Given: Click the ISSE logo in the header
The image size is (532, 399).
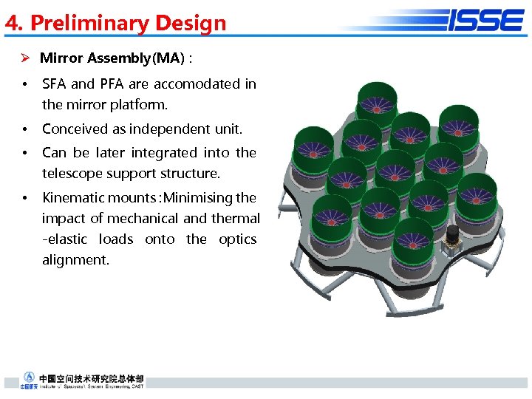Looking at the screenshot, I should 485,20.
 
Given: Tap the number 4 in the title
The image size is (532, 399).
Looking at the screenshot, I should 11,23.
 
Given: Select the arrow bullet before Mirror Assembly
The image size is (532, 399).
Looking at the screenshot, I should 24,58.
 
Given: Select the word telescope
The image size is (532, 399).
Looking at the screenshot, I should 72,174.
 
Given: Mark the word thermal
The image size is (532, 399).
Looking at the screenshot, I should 235,218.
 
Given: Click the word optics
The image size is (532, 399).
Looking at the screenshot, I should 237,239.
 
